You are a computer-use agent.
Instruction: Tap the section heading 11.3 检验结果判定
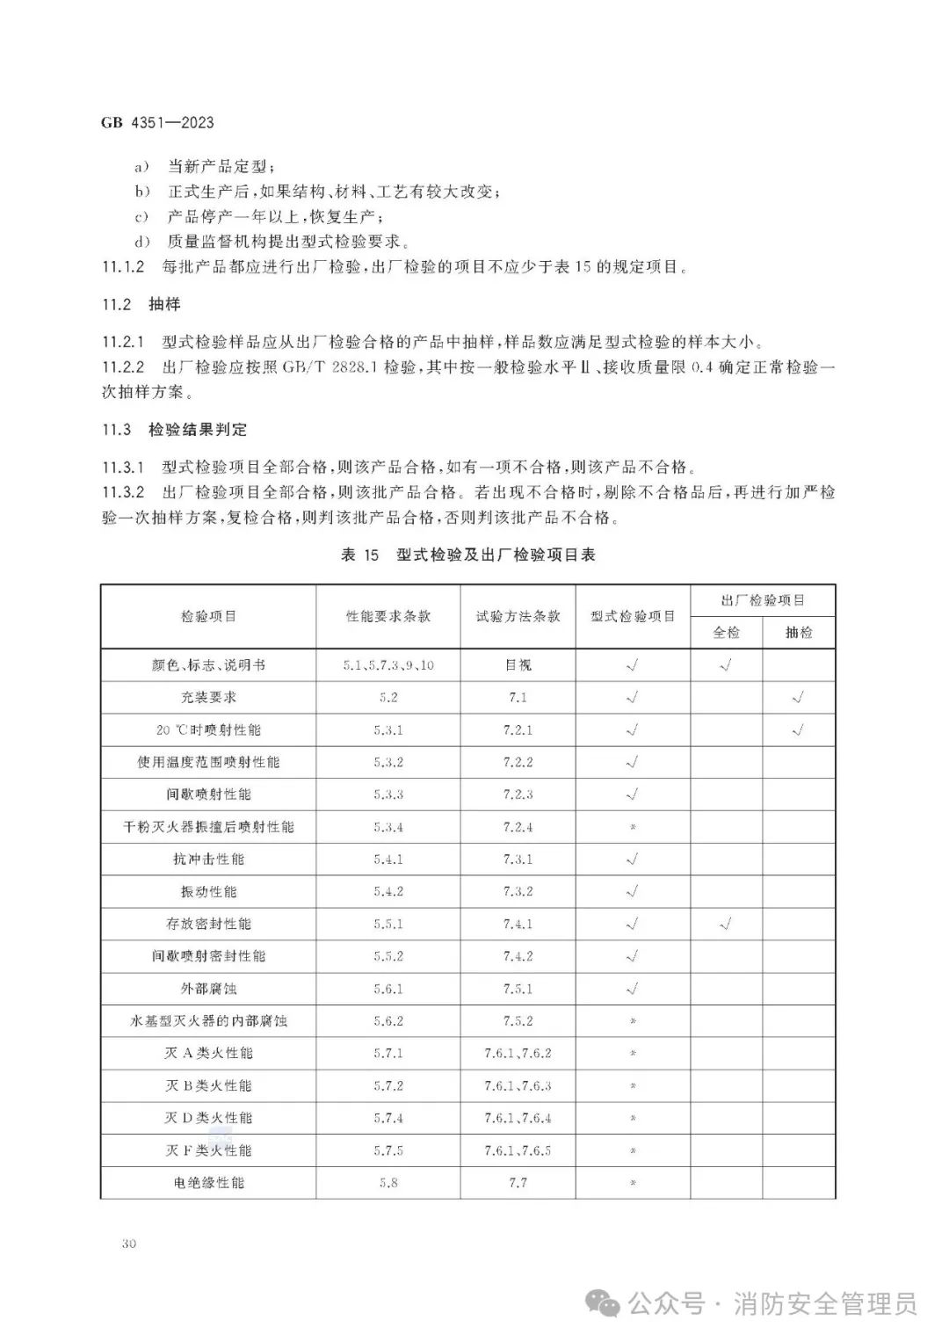coord(174,430)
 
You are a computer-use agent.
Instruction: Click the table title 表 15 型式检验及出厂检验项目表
coord(467,555)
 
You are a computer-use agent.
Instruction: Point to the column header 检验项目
coord(208,617)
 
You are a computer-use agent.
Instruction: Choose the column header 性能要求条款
coord(388,617)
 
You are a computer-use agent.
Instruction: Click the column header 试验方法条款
coord(518,617)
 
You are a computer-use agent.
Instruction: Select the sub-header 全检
coord(726,633)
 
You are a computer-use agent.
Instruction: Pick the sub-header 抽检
coord(798,633)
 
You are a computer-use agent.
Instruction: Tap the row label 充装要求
coord(208,698)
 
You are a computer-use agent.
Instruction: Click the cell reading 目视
coord(518,665)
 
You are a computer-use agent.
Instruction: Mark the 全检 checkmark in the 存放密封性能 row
coord(726,924)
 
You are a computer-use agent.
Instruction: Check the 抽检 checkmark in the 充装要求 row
coord(798,698)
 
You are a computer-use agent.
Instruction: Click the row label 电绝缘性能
coord(208,1183)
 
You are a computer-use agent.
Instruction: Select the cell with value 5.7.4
coord(388,1118)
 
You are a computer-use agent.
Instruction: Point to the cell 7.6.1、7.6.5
coord(518,1150)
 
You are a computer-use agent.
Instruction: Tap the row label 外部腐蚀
coord(208,989)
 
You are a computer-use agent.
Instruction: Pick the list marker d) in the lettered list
coord(141,243)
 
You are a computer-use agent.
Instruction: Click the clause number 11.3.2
coord(123,492)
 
